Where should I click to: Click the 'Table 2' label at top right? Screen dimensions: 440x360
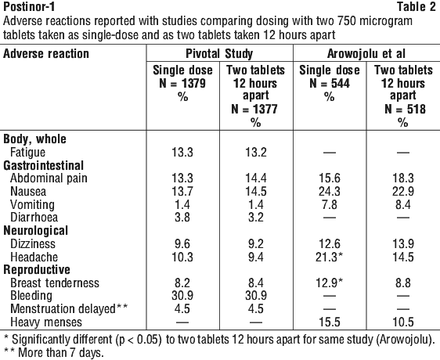417,7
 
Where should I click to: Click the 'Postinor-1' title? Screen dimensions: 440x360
29,7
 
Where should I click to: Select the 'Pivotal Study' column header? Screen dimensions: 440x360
219,53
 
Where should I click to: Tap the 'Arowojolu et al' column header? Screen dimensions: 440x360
366,53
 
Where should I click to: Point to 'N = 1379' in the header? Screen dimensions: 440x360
182,83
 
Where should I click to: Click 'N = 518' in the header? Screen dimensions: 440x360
402,109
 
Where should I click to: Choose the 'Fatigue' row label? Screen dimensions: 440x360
27,153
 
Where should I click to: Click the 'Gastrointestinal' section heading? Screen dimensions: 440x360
44,165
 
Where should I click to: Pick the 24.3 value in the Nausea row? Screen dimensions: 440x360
330,192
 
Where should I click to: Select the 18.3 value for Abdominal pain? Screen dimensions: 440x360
403,178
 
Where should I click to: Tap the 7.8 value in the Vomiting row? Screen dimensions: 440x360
330,204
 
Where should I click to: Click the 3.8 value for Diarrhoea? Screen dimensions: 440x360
182,218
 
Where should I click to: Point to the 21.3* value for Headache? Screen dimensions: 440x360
330,257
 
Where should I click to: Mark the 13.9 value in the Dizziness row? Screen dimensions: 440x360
403,243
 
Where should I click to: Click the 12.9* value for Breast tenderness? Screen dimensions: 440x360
330,283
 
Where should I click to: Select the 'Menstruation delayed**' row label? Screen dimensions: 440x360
69,308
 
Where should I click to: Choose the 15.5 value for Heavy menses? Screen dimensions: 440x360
330,322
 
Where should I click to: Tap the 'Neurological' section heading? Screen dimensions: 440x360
36,230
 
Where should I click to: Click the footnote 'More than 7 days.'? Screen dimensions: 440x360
61,352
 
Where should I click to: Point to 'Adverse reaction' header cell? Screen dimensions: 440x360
46,53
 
